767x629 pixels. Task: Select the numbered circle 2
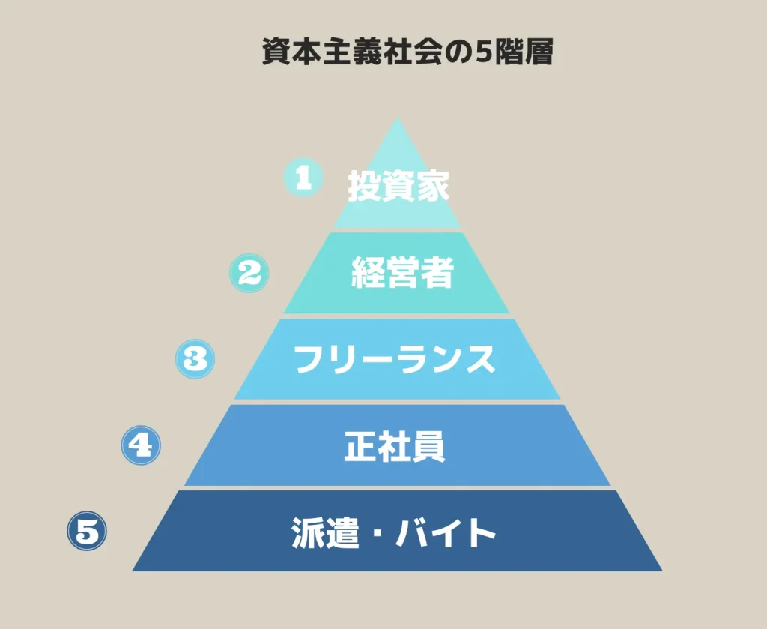(249, 273)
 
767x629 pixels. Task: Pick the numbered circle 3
(195, 359)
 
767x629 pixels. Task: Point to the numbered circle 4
(141, 445)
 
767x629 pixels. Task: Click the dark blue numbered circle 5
(87, 531)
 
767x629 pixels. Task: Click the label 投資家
(398, 186)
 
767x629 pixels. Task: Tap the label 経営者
(402, 272)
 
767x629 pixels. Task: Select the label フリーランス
(394, 359)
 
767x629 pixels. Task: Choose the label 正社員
(394, 446)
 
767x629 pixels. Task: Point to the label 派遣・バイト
(394, 532)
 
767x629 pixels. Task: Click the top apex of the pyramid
(398, 117)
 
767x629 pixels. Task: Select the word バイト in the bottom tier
(446, 532)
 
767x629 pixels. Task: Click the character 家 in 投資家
(432, 186)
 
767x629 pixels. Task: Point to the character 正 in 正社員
(360, 446)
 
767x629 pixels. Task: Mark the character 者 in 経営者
(437, 272)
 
